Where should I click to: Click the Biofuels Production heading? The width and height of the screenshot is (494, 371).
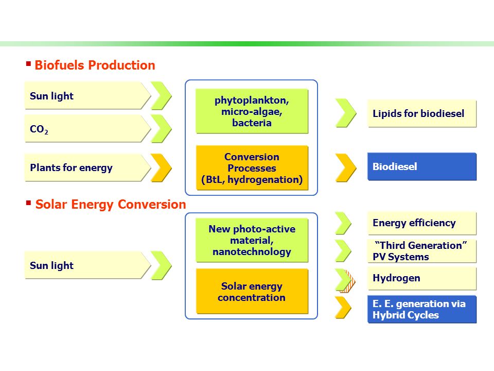point(95,65)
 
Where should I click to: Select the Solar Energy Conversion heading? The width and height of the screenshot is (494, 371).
point(111,205)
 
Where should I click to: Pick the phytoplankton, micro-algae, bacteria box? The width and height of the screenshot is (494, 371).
point(252,111)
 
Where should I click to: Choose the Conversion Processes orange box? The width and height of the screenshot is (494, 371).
point(252,168)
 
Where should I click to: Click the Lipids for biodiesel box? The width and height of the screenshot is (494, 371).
point(422,113)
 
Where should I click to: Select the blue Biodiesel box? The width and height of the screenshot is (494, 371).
point(422,166)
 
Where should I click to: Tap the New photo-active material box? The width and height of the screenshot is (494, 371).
point(252,240)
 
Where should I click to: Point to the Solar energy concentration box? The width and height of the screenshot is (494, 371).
point(252,291)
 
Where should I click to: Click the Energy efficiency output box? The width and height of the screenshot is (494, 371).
point(422,223)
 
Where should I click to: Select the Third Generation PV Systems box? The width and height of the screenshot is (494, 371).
point(422,251)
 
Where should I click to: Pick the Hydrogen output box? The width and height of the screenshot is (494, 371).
point(422,278)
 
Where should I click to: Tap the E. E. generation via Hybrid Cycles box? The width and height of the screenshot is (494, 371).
point(422,310)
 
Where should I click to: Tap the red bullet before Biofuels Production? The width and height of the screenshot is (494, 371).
point(28,64)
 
